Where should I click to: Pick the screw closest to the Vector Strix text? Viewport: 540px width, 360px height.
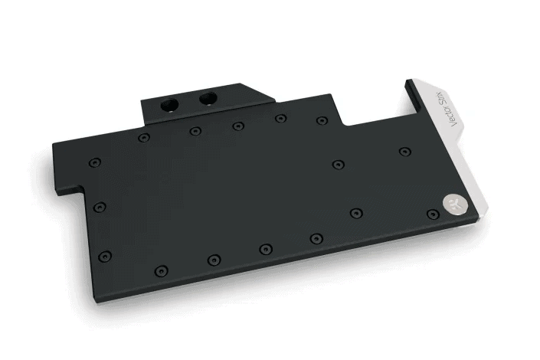(x=404, y=152)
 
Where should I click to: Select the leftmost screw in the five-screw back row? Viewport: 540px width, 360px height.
(x=143, y=138)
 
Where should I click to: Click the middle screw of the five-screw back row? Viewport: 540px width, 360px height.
(x=238, y=126)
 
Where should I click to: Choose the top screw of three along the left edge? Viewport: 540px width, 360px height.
(x=93, y=163)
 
